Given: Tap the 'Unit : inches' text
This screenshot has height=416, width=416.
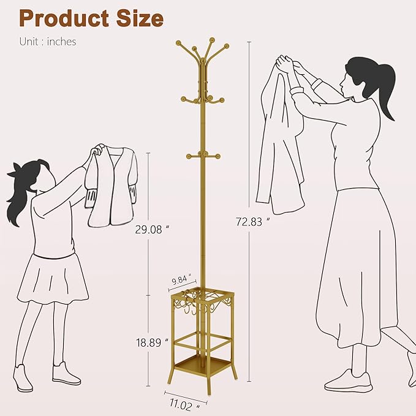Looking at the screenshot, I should coord(47,42).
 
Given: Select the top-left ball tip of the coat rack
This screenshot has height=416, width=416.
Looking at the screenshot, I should coord(178,43).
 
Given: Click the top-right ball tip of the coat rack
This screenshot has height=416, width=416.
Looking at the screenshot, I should coord(226,46).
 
